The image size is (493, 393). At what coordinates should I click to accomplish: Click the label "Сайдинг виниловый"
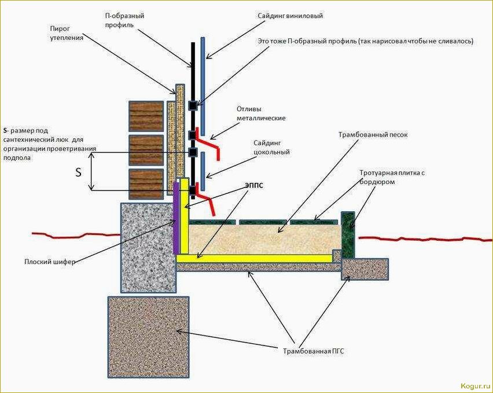(290, 16)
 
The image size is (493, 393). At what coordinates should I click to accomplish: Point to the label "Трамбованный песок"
(373, 134)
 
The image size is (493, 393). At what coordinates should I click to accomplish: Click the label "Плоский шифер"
(50, 262)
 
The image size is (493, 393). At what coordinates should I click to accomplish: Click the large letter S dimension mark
(79, 172)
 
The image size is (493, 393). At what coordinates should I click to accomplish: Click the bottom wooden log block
(146, 184)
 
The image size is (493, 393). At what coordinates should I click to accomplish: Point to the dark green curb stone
(347, 234)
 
